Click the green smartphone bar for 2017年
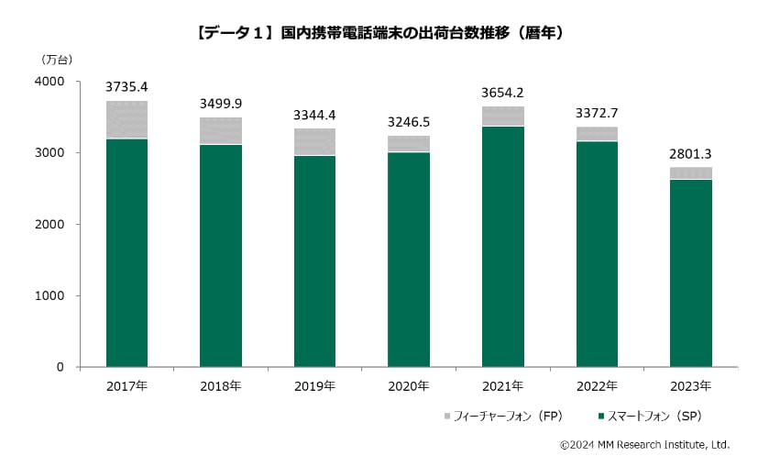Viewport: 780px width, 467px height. (126, 252)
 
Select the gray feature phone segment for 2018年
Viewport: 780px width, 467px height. (221, 130)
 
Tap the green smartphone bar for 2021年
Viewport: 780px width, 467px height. (502, 246)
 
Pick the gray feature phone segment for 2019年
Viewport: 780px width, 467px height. (314, 141)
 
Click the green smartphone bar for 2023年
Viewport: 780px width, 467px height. (690, 272)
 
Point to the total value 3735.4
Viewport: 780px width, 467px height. (126, 87)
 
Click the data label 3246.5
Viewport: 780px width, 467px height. (409, 121)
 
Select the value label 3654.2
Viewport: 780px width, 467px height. (502, 93)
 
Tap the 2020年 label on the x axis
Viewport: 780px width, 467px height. (409, 385)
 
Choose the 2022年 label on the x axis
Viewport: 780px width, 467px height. (597, 385)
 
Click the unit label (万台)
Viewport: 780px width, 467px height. (57, 60)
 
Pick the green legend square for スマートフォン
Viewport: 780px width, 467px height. (600, 417)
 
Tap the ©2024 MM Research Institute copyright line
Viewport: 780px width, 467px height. (644, 445)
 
